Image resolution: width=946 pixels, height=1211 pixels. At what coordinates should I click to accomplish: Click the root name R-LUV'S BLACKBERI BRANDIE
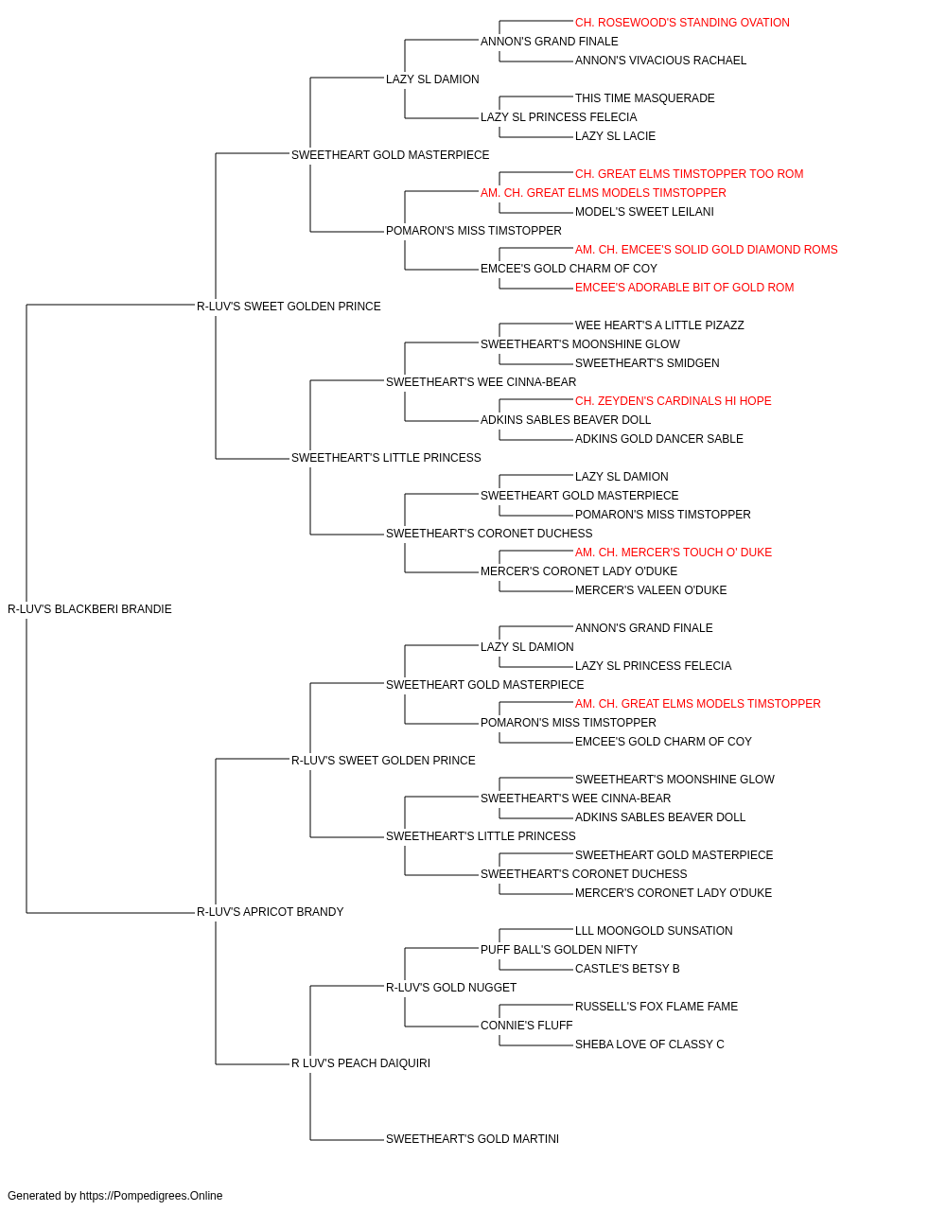coord(90,608)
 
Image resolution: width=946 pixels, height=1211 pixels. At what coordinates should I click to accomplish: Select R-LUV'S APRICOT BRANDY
coord(270,911)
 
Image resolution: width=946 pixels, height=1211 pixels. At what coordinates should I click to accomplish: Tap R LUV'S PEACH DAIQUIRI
coord(360,1062)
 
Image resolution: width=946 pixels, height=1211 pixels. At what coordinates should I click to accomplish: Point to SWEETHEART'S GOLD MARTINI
coord(472,1138)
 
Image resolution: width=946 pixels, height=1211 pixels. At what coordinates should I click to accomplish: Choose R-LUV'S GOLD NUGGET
coord(450,987)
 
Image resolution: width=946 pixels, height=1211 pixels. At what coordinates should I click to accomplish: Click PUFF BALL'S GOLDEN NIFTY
coord(559,949)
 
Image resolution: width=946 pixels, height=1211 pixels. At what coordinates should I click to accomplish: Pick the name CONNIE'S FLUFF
coord(527,1025)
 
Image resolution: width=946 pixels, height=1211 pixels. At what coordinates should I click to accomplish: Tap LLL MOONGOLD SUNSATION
coord(654,930)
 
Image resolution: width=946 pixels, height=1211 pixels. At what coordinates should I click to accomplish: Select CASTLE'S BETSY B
coord(627,968)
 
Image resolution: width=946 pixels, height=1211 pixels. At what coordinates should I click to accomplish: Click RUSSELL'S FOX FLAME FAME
coord(657,1006)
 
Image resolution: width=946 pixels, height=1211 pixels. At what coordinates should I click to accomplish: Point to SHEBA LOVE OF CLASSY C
coord(650,1044)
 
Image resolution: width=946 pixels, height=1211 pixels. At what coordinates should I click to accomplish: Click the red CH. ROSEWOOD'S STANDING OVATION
coord(682,23)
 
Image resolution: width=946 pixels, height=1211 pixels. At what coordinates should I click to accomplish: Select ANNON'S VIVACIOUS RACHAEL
coord(660,61)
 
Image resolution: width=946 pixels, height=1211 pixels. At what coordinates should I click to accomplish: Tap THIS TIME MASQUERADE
coord(644,98)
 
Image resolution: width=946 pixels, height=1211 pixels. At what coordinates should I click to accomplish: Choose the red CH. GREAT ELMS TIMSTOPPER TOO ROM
coord(690,174)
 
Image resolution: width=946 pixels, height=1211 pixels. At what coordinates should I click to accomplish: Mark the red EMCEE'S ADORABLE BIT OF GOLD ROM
coord(684,287)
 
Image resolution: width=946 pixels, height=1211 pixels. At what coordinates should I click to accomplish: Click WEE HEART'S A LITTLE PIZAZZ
coord(659,325)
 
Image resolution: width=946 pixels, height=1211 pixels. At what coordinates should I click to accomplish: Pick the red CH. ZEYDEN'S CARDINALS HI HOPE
coord(673,401)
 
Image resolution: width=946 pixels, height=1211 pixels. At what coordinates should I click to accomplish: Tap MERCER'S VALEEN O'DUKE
coord(651,589)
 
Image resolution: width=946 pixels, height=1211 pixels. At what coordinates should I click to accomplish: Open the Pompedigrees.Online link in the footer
coord(151,1195)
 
